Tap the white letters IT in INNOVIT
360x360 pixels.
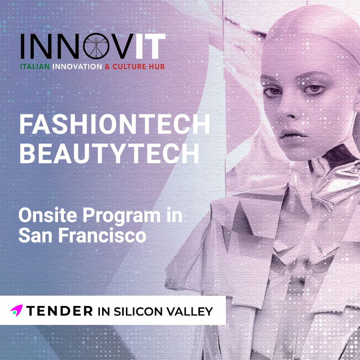click(x=150, y=46)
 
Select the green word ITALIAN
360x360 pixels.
click(x=35, y=67)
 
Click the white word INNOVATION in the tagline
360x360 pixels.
click(x=77, y=67)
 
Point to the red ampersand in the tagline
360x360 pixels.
click(x=107, y=67)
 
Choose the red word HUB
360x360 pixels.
click(x=157, y=67)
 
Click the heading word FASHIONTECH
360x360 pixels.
click(x=115, y=124)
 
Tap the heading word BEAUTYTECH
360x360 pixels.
click(x=109, y=153)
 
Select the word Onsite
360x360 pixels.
click(x=48, y=215)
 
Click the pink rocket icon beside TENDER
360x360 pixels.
click(x=17, y=310)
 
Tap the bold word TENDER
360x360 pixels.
click(x=59, y=311)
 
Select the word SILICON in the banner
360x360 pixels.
click(x=138, y=311)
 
